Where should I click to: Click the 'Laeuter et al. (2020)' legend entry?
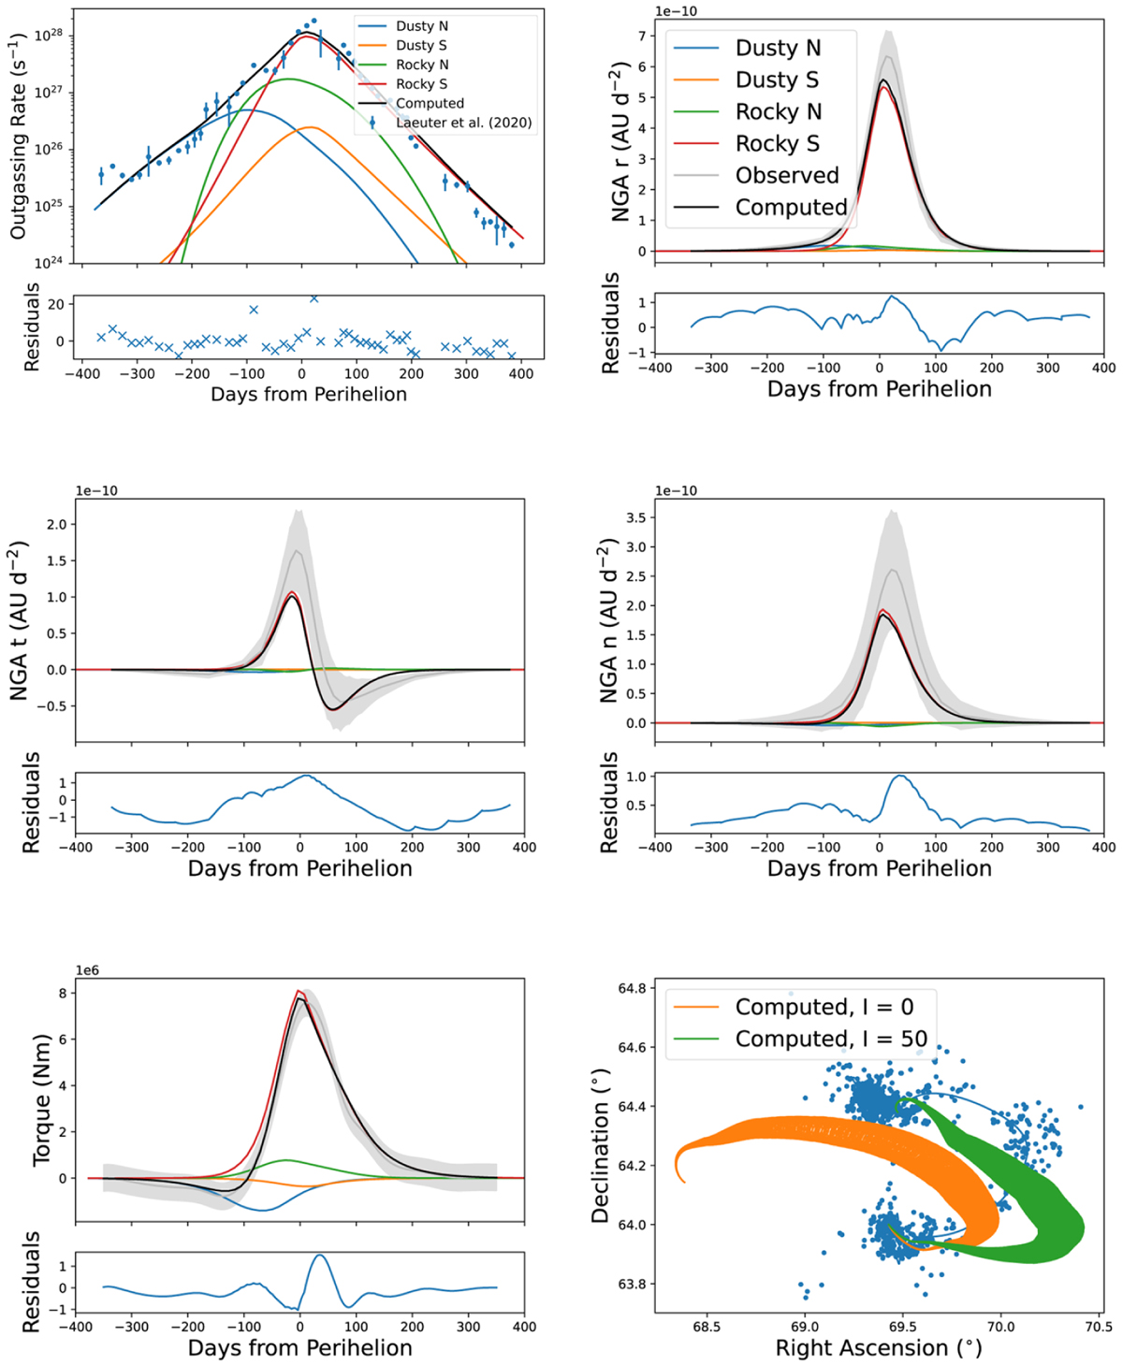tap(463, 123)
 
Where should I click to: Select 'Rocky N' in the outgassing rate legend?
tap(422, 65)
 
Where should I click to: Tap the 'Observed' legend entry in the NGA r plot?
tap(787, 176)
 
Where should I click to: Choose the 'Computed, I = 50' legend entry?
tap(831, 1039)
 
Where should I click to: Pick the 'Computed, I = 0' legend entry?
tap(824, 1007)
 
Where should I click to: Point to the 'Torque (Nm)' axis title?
tap(41, 1099)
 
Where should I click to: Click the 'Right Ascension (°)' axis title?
tap(879, 1348)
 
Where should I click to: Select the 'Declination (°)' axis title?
tap(601, 1147)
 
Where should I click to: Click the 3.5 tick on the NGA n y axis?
tap(635, 517)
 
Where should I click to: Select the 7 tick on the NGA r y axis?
tap(642, 36)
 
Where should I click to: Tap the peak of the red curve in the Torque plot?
tap(299, 991)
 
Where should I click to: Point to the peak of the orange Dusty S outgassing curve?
tap(311, 127)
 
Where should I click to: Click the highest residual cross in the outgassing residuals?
tap(314, 298)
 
